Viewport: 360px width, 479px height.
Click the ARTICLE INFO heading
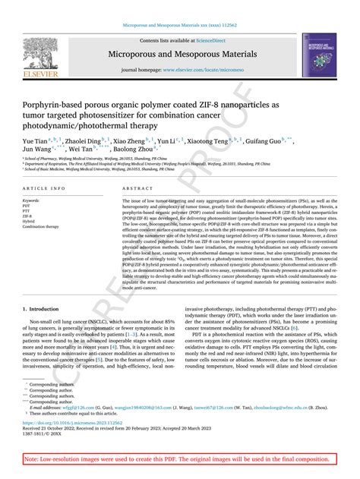point(43,189)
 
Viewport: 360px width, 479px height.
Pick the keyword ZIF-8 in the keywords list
point(29,216)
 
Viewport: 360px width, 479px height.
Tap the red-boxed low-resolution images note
point(179,460)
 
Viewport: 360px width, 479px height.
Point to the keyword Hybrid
point(30,221)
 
